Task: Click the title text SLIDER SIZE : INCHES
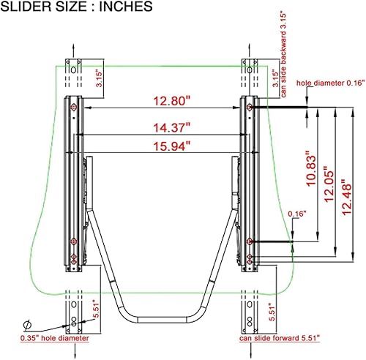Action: (x=77, y=8)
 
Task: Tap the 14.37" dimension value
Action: (x=161, y=127)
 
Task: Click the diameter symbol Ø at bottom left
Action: (x=27, y=325)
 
